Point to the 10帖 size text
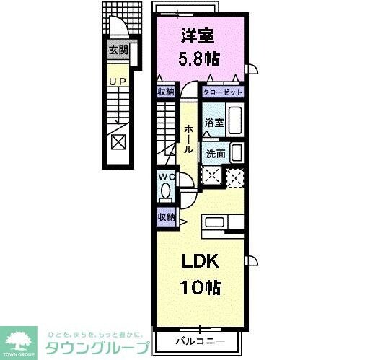pyautogui.click(x=200, y=286)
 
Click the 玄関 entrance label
pyautogui.click(x=118, y=50)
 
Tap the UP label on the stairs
pyautogui.click(x=118, y=82)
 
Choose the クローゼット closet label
pyautogui.click(x=222, y=92)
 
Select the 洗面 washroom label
pyautogui.click(x=214, y=153)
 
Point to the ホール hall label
pyautogui.click(x=188, y=136)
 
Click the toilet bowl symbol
pyautogui.click(x=166, y=193)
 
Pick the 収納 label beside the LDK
pyautogui.click(x=166, y=216)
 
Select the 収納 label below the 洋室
pyautogui.click(x=166, y=92)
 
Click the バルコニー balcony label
pyautogui.click(x=200, y=340)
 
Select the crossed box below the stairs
pyautogui.click(x=118, y=140)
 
